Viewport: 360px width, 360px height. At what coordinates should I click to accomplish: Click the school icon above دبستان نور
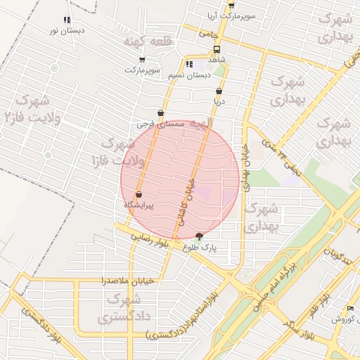coord(67,20)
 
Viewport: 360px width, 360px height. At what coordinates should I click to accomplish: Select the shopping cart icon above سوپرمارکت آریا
coord(231,5)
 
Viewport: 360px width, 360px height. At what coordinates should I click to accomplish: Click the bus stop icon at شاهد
coord(217,50)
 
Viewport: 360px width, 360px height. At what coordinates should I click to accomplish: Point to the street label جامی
coord(208,33)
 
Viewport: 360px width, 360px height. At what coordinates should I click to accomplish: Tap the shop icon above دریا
coord(219,91)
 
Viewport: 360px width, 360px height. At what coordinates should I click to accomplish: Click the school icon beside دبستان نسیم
coord(189,64)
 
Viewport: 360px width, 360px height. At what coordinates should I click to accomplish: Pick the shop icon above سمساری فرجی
coord(161,112)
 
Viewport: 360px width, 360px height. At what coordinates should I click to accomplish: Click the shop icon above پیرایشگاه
coord(139,194)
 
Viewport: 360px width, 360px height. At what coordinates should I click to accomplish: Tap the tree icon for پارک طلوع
coord(199,237)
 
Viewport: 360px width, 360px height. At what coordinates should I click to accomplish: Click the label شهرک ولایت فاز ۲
coord(30,108)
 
